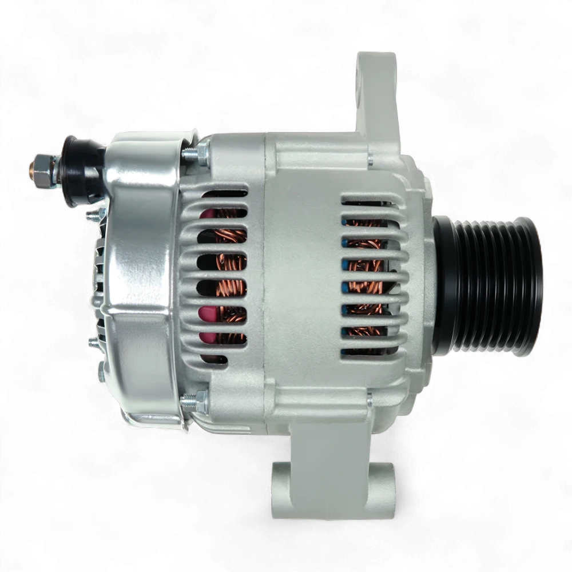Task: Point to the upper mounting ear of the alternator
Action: click(x=376, y=92)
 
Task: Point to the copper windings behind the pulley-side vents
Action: click(x=366, y=269)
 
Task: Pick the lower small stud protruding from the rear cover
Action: click(x=93, y=343)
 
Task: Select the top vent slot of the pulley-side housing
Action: click(x=372, y=200)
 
